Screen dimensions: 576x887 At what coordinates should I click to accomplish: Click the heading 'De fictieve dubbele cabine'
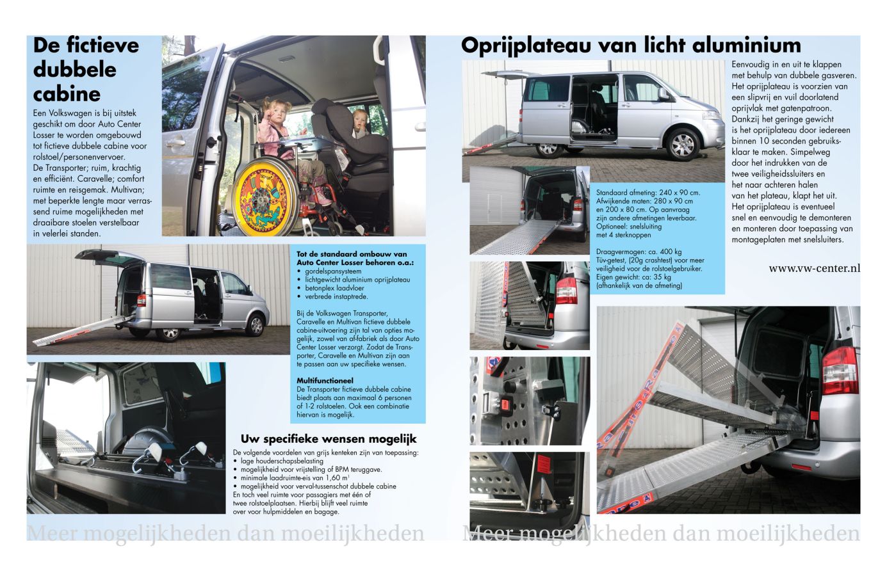tap(85, 69)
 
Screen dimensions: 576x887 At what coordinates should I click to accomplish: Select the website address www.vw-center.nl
tap(814, 268)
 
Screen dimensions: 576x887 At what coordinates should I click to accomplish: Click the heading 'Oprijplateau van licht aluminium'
tap(631, 45)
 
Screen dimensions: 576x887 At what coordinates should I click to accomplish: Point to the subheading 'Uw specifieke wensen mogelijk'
tap(329, 439)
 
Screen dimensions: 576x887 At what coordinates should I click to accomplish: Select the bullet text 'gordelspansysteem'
tap(333, 271)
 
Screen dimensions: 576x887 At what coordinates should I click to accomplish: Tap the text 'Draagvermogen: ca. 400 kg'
tap(639, 252)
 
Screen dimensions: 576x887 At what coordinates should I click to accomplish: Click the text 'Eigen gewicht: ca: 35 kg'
tap(633, 277)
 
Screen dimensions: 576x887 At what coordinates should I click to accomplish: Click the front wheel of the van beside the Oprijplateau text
tap(682, 145)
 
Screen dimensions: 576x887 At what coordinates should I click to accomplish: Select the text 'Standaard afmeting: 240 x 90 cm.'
tap(648, 193)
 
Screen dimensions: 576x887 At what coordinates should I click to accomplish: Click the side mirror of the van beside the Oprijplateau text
tap(664, 93)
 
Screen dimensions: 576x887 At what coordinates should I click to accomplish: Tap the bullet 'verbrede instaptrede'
tap(336, 296)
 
